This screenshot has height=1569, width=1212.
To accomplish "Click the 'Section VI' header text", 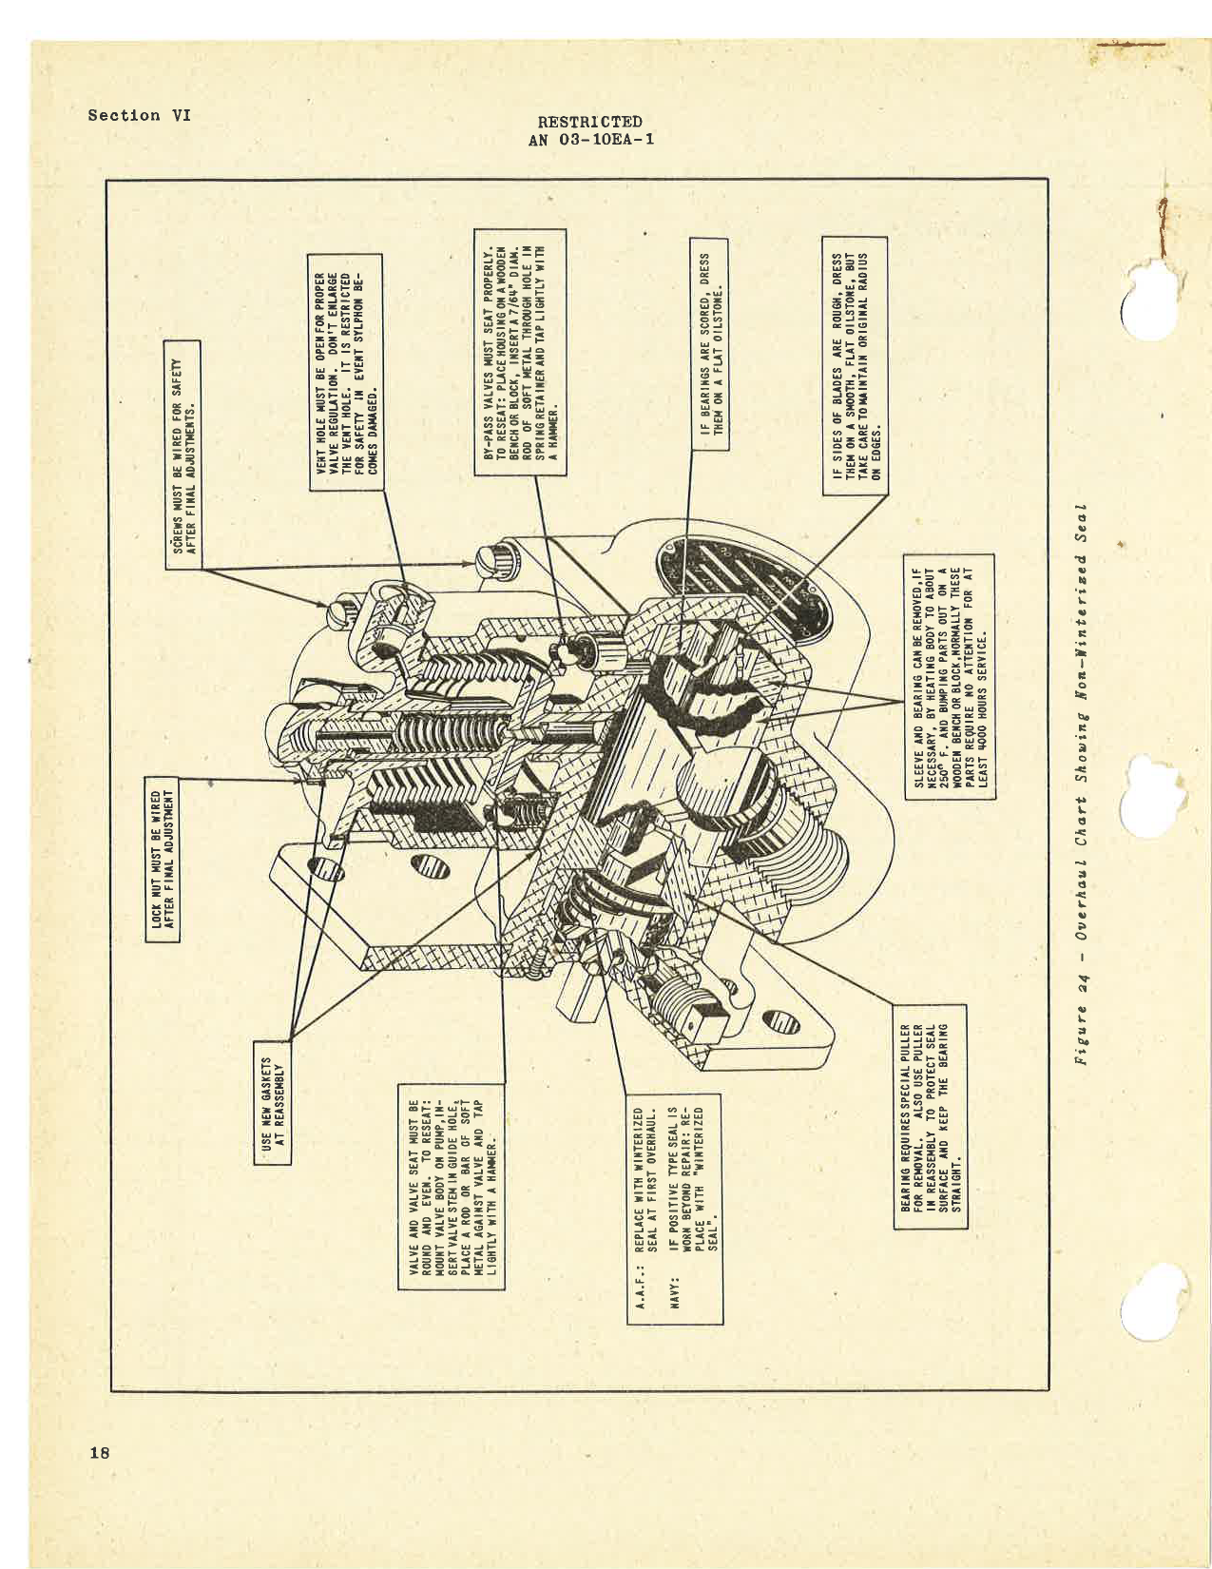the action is (x=139, y=115).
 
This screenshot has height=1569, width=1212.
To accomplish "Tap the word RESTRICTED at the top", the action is (x=589, y=122).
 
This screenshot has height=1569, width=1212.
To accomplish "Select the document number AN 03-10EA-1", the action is (x=589, y=139).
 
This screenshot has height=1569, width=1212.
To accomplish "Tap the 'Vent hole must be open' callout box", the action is (x=347, y=371).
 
